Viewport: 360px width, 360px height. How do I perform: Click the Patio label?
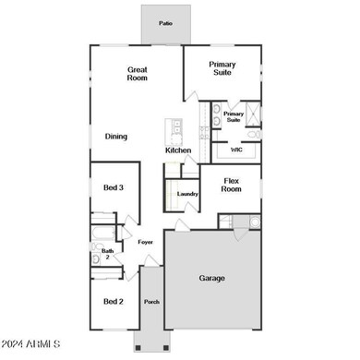point(165,23)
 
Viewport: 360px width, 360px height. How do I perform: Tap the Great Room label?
point(137,75)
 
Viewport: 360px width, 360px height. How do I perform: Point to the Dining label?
point(115,137)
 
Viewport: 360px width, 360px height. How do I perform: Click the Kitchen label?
point(178,150)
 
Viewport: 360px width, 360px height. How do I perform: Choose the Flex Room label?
point(231,185)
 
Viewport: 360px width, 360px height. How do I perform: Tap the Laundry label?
point(187,194)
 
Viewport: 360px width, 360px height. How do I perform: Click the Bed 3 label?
point(114,187)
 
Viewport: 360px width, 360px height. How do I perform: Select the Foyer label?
point(145,242)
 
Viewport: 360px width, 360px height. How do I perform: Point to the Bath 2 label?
point(108,253)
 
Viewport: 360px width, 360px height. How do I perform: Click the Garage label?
point(212,278)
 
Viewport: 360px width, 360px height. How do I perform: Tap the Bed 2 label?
point(113,302)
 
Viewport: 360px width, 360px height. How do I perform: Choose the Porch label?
point(151,302)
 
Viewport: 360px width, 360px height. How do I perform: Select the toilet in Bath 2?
point(96,259)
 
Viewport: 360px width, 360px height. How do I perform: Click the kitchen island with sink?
point(173,130)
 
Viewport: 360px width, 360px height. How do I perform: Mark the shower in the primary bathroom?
point(253,115)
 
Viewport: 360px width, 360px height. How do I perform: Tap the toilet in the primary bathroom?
point(254,135)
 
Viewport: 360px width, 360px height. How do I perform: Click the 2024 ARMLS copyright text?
point(32,344)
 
